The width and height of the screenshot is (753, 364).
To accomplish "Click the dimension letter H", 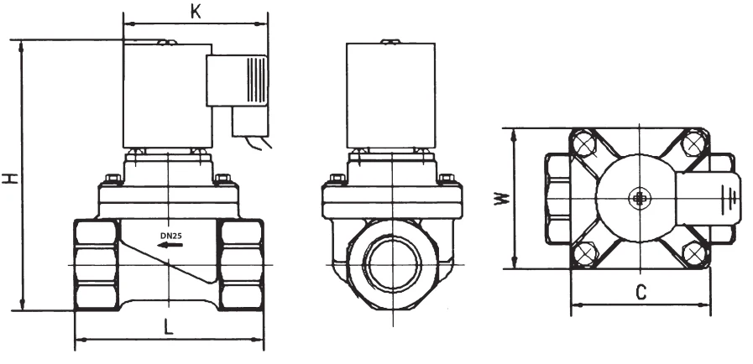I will pyautogui.click(x=9, y=177).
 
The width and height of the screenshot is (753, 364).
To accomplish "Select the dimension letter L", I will pyautogui.click(x=169, y=330).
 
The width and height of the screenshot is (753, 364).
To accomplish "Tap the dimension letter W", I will pyautogui.click(x=500, y=199).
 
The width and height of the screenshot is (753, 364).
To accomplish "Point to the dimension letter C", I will pyautogui.click(x=640, y=293).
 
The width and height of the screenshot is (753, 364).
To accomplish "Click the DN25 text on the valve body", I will pyautogui.click(x=171, y=236).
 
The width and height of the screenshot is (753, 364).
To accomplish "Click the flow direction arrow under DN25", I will pyautogui.click(x=171, y=247).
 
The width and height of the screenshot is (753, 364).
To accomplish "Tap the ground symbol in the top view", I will pyautogui.click(x=732, y=198).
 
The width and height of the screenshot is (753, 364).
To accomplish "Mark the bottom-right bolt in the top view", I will pyautogui.click(x=692, y=252).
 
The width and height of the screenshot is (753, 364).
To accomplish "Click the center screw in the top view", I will pyautogui.click(x=639, y=198).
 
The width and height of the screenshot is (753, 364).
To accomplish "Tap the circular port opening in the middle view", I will pyautogui.click(x=391, y=263).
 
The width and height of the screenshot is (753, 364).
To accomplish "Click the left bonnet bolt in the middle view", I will pyautogui.click(x=337, y=179).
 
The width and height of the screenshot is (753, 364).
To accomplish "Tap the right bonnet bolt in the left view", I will pyautogui.click(x=222, y=179).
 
